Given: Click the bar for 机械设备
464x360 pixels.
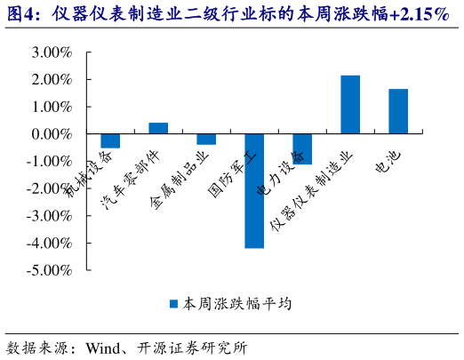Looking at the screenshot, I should [110, 140].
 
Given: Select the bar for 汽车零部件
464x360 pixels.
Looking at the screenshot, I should [158, 128].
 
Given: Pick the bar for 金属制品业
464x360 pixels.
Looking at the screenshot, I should [206, 139].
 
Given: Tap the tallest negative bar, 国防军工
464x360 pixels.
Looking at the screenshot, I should [254, 190].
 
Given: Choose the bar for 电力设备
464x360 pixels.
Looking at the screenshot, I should [302, 148].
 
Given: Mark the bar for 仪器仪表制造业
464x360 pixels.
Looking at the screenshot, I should [350, 105].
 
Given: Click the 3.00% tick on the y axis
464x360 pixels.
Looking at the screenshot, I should [51, 52].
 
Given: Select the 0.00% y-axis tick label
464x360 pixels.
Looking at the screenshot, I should [51, 134].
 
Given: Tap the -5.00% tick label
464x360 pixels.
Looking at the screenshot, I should [49, 270].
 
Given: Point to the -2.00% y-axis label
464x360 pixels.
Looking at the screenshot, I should [49, 188].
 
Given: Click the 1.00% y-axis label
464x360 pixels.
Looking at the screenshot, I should [51, 107].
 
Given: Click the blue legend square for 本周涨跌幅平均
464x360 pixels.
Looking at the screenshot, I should [174, 304].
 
